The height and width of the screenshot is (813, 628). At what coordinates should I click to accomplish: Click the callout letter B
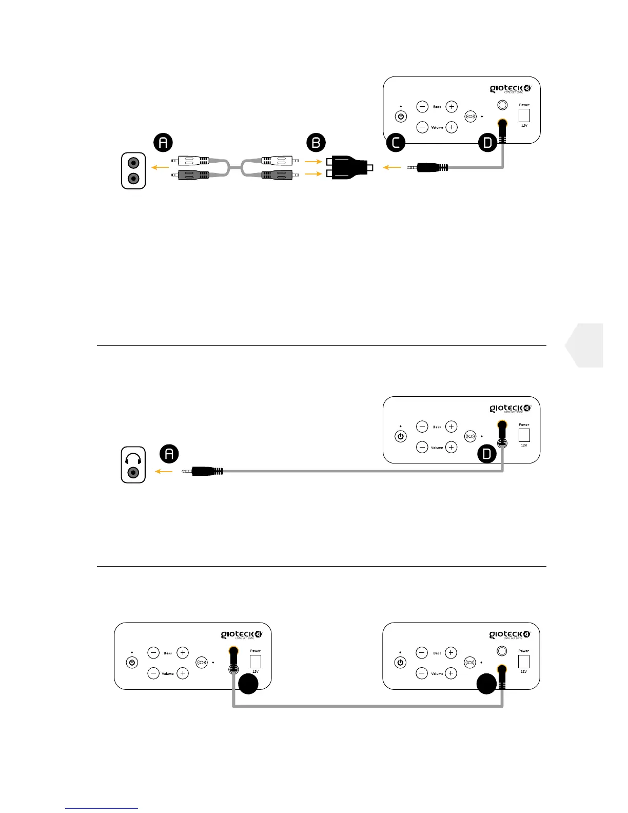pos(316,143)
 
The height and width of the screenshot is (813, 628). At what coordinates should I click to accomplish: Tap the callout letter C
pos(396,143)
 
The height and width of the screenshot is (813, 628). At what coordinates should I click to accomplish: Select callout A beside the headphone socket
pos(169,454)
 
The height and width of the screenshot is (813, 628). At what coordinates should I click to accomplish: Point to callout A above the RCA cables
pos(163,142)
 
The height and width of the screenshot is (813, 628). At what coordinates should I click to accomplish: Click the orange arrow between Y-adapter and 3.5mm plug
pos(392,167)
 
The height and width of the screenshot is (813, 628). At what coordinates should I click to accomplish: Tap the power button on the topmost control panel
pos(401,117)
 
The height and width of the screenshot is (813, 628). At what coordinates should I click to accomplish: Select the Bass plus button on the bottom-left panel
pos(183,652)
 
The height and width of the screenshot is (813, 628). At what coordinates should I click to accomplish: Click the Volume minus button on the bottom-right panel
pos(422,673)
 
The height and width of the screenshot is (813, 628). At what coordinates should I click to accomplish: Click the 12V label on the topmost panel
pos(524,126)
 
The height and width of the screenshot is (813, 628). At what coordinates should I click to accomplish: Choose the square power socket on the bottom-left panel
pos(255,661)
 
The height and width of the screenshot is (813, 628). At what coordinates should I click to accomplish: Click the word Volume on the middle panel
pos(437,448)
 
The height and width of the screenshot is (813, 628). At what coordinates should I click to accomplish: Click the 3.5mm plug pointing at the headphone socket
pos(203,471)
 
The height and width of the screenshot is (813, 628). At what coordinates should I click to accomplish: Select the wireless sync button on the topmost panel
pos(470,117)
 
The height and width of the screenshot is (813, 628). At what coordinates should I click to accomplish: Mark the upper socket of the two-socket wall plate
pos(133,163)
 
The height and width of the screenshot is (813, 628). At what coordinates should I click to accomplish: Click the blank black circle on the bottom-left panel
pos(248,684)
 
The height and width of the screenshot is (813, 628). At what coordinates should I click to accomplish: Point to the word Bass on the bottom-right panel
pos(437,653)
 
